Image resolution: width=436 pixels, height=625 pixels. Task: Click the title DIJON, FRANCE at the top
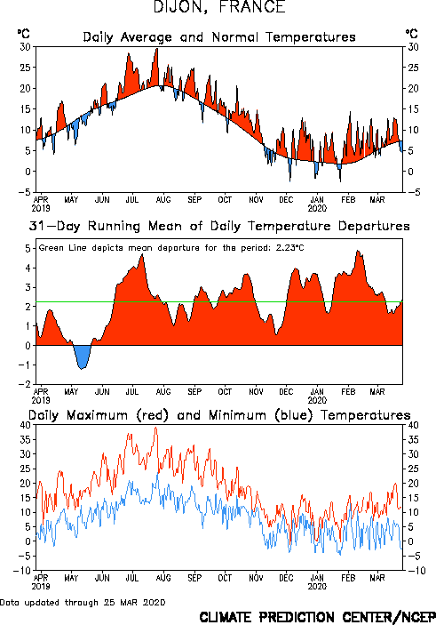tap(219, 7)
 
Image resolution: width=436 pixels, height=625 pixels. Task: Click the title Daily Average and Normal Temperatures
tap(219, 37)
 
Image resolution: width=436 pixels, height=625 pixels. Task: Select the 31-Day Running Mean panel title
tap(219, 226)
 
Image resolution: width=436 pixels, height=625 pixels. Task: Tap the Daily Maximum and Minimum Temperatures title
tap(219, 415)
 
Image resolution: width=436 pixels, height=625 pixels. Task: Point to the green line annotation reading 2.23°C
tap(171, 247)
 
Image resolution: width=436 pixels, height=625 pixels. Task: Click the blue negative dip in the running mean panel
tap(83, 356)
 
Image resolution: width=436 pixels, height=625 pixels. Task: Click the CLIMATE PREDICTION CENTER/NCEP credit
tap(317, 617)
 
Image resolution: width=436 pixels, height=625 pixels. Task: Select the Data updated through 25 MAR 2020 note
tap(83, 602)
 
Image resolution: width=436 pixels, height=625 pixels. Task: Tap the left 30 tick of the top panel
tap(25, 47)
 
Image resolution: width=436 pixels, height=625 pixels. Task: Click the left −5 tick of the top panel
tap(24, 192)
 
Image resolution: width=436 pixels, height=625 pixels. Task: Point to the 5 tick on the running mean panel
tap(28, 248)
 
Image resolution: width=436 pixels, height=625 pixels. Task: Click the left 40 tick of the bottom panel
tap(25, 425)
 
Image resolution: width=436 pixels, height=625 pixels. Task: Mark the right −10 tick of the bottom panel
tap(416, 571)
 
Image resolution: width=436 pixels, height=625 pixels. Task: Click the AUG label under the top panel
tap(163, 199)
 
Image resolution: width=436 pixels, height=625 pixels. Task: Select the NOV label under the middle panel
tap(256, 391)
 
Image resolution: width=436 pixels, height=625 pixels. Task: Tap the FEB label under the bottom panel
tap(348, 578)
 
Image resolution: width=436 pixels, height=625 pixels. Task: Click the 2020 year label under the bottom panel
tap(317, 587)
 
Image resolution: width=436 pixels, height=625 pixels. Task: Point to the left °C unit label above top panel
tap(23, 34)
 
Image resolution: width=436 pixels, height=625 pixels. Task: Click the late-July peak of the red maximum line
tap(155, 428)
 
